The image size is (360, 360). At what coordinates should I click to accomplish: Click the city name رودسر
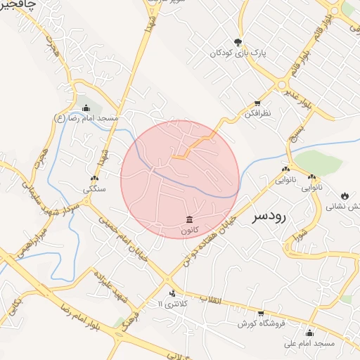(x=278, y=218)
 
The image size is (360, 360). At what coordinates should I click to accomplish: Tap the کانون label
(x=189, y=230)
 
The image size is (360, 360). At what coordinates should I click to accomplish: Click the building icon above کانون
(x=189, y=219)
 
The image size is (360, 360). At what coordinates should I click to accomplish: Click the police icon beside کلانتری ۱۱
(x=173, y=292)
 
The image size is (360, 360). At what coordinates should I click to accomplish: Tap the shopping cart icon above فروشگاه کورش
(x=260, y=313)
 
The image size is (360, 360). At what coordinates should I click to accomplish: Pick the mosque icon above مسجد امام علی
(x=309, y=333)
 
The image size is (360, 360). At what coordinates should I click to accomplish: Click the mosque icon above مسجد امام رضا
(x=86, y=108)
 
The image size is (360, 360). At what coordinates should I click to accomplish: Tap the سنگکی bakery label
(x=94, y=189)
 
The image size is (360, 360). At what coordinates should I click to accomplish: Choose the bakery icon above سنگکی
(x=95, y=179)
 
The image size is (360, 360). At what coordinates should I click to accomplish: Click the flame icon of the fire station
(x=345, y=195)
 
